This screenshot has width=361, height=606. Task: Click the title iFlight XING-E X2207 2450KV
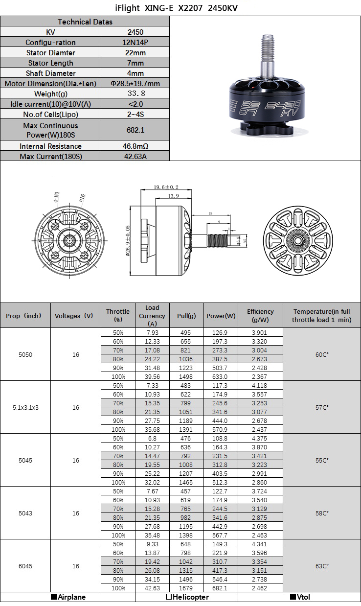[x=180, y=8]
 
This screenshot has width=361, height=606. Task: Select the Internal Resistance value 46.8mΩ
[x=135, y=146]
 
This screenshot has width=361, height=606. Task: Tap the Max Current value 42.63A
[x=135, y=156]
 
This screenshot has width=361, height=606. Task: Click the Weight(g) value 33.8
[x=135, y=93]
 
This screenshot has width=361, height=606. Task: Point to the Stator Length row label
[x=51, y=63]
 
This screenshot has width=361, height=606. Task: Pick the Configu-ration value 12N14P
[x=135, y=42]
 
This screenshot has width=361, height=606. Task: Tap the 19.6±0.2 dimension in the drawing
[x=166, y=187]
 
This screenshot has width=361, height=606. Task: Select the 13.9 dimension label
[x=173, y=196]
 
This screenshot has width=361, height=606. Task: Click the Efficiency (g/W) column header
[x=260, y=316]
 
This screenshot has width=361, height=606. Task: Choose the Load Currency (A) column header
[x=152, y=316]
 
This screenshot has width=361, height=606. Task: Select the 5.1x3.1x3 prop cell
[x=25, y=407]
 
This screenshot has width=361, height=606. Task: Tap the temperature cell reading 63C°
[x=322, y=566]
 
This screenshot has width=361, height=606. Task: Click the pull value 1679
[x=186, y=588]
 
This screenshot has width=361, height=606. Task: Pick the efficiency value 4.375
[x=260, y=438]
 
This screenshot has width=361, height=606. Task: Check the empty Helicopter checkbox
[x=168, y=597]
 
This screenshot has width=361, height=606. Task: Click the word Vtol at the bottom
[x=303, y=597]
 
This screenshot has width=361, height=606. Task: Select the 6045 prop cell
[x=25, y=566]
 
